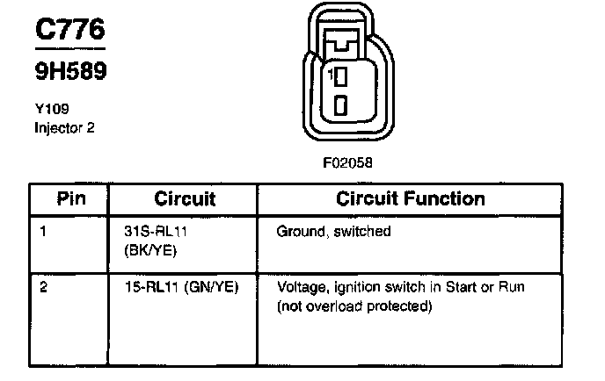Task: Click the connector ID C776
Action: point(70,30)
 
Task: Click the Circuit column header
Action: point(185,199)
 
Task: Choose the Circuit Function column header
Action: point(411,199)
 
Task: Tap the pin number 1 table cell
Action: point(44,233)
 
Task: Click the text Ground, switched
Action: point(333,233)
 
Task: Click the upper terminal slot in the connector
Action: point(341,77)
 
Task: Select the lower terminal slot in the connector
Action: point(341,106)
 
